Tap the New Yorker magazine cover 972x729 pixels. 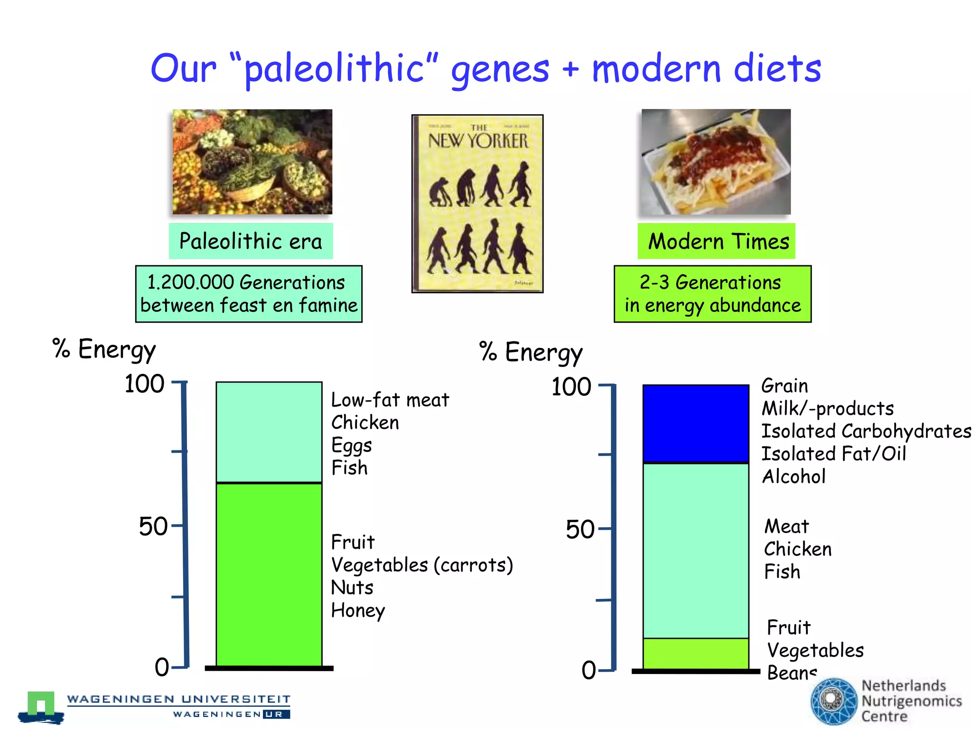(477, 204)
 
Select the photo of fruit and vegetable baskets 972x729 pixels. (252, 162)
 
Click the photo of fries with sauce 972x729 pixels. (716, 162)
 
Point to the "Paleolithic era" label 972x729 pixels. (251, 241)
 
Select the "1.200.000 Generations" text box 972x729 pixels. (249, 294)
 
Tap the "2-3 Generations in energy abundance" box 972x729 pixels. (712, 294)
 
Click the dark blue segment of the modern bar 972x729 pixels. (696, 424)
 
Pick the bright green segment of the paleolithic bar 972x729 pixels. (269, 574)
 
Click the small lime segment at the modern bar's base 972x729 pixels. (696, 653)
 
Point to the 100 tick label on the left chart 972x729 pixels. (144, 383)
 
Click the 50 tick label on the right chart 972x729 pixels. (580, 529)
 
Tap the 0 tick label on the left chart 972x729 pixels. (162, 667)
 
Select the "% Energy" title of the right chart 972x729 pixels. (531, 353)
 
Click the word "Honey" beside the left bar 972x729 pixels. (358, 610)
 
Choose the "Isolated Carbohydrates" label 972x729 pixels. (866, 431)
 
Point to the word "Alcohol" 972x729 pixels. (794, 477)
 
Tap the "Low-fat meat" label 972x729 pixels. (390, 400)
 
